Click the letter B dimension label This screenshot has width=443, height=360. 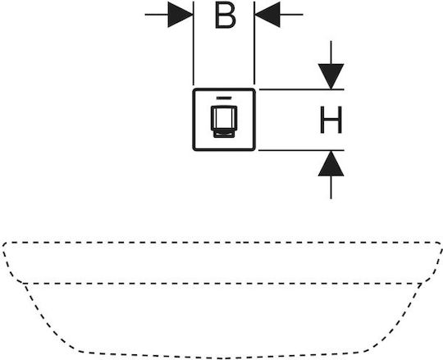tap(225, 16)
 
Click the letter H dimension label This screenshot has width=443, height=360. tap(331, 120)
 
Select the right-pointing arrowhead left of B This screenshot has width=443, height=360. tap(180, 15)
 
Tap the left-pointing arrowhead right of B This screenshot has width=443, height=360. tap(267, 15)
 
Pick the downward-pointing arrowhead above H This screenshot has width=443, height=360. tap(331, 76)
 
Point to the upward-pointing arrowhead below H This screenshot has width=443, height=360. tap(331, 163)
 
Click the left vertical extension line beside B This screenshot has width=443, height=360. tap(194, 43)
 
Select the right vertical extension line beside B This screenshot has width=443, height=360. tap(254, 43)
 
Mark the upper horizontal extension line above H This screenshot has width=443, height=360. tap(301, 89)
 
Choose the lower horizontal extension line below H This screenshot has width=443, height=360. tap(301, 151)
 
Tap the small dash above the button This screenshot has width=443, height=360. tap(224, 98)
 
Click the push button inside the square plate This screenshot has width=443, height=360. tap(224, 121)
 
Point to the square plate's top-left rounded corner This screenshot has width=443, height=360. tap(195, 91)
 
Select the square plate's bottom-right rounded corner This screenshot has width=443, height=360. tap(253, 148)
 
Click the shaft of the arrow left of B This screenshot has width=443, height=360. tap(156, 15)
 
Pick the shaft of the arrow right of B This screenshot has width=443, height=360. tap(291, 15)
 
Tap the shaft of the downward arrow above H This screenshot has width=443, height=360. tap(331, 52)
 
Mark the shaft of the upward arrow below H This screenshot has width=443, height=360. tap(331, 188)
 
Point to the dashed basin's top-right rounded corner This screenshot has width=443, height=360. tap(439, 244)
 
